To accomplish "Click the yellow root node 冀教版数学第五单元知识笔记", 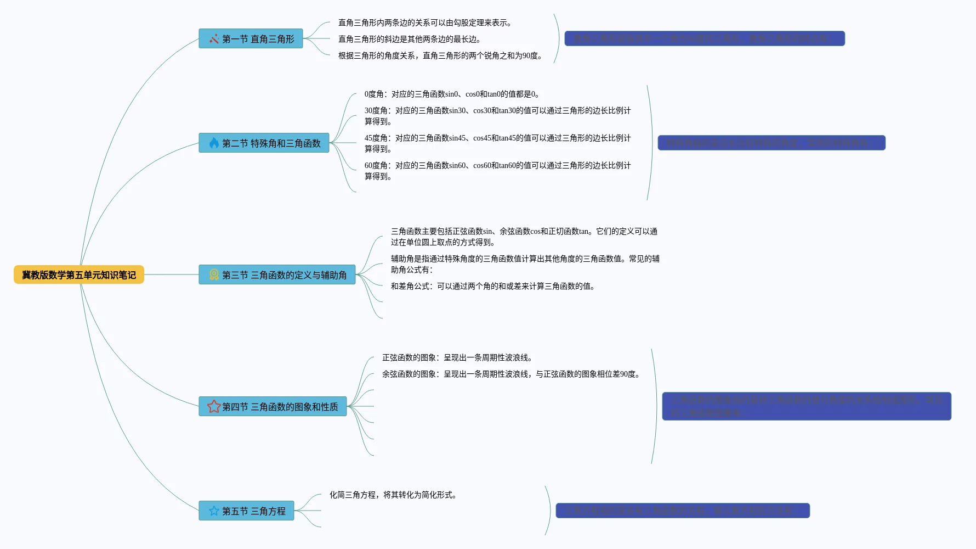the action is coord(79,274).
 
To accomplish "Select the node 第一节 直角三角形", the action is coord(251,38).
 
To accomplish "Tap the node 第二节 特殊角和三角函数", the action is coord(264,143).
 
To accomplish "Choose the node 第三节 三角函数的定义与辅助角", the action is coord(277,274).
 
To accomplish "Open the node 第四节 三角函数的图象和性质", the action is coord(273,406).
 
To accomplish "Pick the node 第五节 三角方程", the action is coord(246,511).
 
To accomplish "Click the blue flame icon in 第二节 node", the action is coord(214,143).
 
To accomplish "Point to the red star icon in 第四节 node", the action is coord(214,406).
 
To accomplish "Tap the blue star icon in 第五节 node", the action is coord(214,511).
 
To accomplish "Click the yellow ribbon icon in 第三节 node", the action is coord(214,274).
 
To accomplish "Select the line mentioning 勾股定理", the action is coord(425,23).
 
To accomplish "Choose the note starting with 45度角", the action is coord(497,143).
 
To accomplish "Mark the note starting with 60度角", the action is coord(497,171).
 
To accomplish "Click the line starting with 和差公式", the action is coord(493,286).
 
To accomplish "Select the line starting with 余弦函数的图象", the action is coord(512,374).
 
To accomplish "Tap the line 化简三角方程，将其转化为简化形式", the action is coord(394,495).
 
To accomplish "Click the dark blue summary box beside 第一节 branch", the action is coord(705,38).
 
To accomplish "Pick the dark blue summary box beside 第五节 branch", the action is coord(683,511).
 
